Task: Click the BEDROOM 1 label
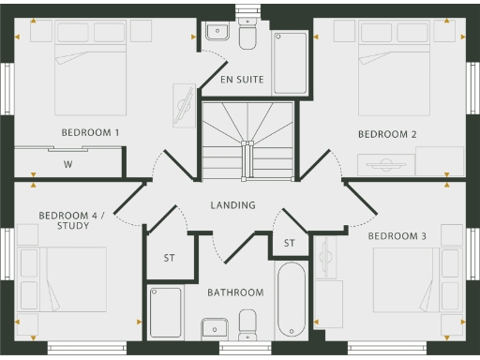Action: click(90, 133)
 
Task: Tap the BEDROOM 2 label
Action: click(387, 134)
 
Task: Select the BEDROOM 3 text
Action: click(397, 235)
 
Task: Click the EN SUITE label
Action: click(241, 81)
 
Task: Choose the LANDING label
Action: click(232, 205)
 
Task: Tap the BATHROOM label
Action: click(235, 292)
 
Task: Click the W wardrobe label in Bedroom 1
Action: click(67, 164)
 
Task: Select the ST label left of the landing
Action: click(170, 257)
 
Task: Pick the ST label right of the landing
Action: click(289, 244)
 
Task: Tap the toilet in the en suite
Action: click(248, 36)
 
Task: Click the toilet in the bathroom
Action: click(248, 325)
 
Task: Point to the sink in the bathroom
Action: click(215, 329)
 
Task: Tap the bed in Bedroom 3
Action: click(404, 279)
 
